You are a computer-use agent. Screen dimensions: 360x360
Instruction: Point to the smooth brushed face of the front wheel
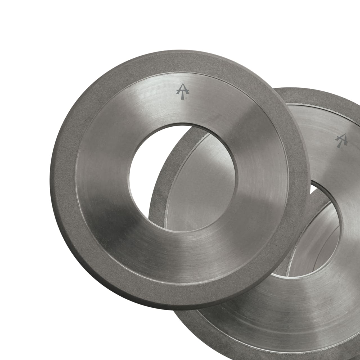[112, 225]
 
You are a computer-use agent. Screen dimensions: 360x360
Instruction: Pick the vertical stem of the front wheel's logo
[182, 97]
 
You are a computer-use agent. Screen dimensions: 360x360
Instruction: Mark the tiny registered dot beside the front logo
[186, 98]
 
